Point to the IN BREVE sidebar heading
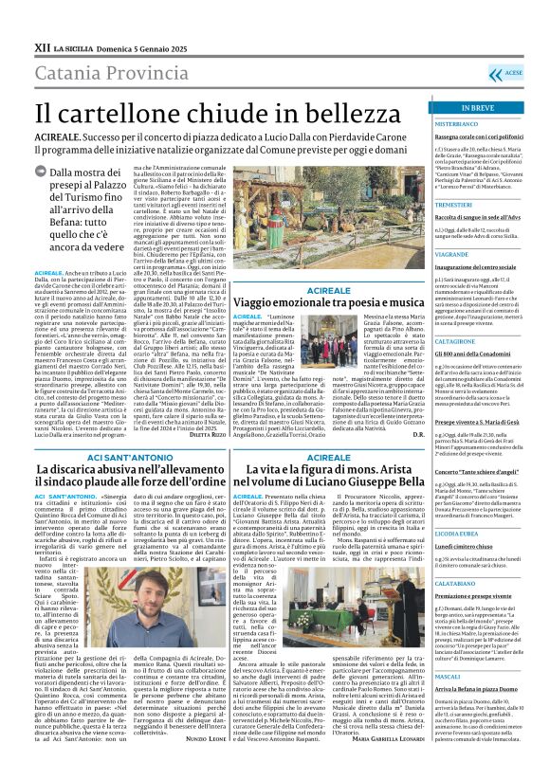(481, 109)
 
